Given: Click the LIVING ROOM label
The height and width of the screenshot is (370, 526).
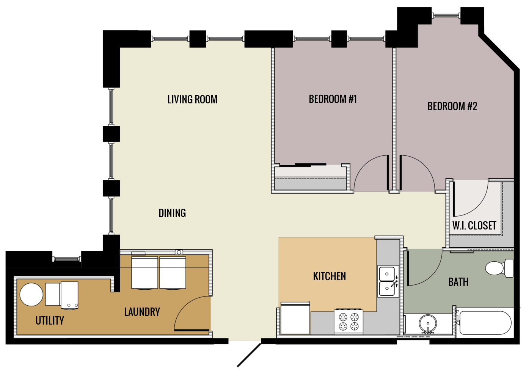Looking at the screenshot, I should (x=192, y=100).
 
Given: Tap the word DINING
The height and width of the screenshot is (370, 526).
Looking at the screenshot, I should (x=172, y=213).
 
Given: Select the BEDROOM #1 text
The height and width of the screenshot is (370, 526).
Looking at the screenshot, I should (x=333, y=99).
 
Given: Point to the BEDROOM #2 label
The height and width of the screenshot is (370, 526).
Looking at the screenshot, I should (x=452, y=106).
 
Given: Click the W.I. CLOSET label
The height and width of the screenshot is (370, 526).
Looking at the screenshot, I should (x=474, y=226).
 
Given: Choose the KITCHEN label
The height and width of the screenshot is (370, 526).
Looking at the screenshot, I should (x=329, y=276).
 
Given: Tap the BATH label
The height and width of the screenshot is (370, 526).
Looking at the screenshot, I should (x=458, y=282).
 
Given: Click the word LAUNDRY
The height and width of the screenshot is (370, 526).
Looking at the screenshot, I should (x=142, y=312).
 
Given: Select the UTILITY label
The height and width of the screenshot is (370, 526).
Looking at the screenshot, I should (x=50, y=321).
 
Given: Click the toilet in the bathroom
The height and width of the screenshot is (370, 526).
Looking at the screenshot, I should (x=499, y=268).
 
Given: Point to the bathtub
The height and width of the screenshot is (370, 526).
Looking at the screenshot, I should (x=485, y=323).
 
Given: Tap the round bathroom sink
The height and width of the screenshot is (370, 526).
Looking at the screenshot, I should (x=428, y=324).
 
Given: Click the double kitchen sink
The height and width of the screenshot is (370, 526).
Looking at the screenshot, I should (x=388, y=281).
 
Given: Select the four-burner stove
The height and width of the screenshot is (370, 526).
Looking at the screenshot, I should (x=349, y=322).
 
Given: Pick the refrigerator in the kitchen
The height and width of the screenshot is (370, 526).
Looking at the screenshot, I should (x=295, y=318).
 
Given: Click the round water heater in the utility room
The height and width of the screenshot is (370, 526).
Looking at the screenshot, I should (x=31, y=295).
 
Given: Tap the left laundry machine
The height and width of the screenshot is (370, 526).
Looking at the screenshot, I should (x=144, y=273).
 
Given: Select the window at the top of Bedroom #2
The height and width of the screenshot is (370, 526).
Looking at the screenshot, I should (x=446, y=16).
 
